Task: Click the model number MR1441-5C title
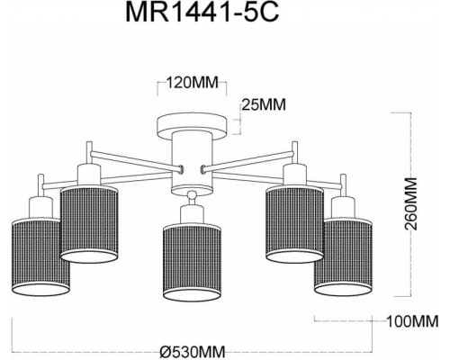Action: click(202, 13)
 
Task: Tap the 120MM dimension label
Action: click(193, 83)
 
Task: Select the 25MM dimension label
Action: click(264, 104)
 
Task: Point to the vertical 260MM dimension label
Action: click(410, 204)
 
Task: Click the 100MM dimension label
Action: click(412, 322)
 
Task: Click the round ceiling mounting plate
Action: click(193, 125)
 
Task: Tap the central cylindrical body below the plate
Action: click(193, 163)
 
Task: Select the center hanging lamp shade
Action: click(193, 262)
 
